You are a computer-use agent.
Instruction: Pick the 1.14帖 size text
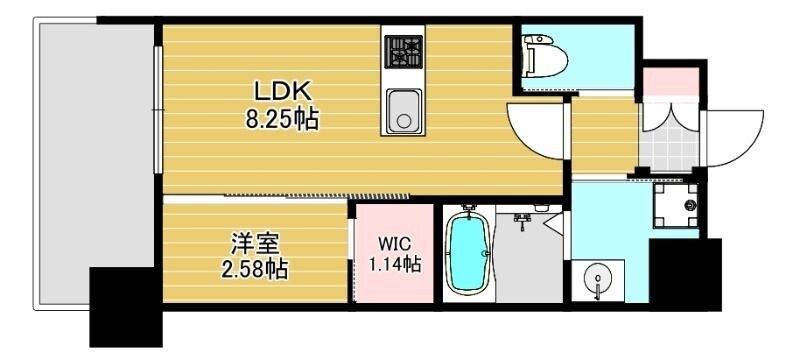click(398, 265)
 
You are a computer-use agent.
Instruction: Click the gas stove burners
click(403, 50)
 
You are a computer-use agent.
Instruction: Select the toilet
click(545, 59)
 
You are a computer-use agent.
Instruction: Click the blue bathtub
click(466, 253)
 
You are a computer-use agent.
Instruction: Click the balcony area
click(95, 150)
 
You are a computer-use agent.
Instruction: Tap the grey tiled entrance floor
click(665, 141)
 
